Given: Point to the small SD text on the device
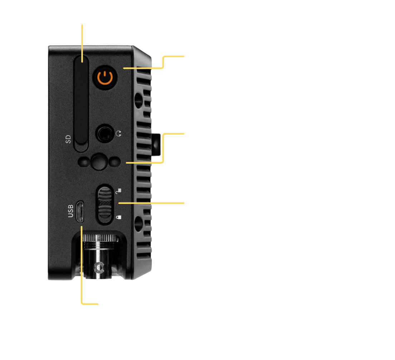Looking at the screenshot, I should click(x=68, y=139).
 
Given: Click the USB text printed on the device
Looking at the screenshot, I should click(x=70, y=211).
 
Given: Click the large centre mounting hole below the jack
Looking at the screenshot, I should click(x=98, y=162).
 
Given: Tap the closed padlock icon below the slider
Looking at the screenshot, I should click(x=119, y=217).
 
